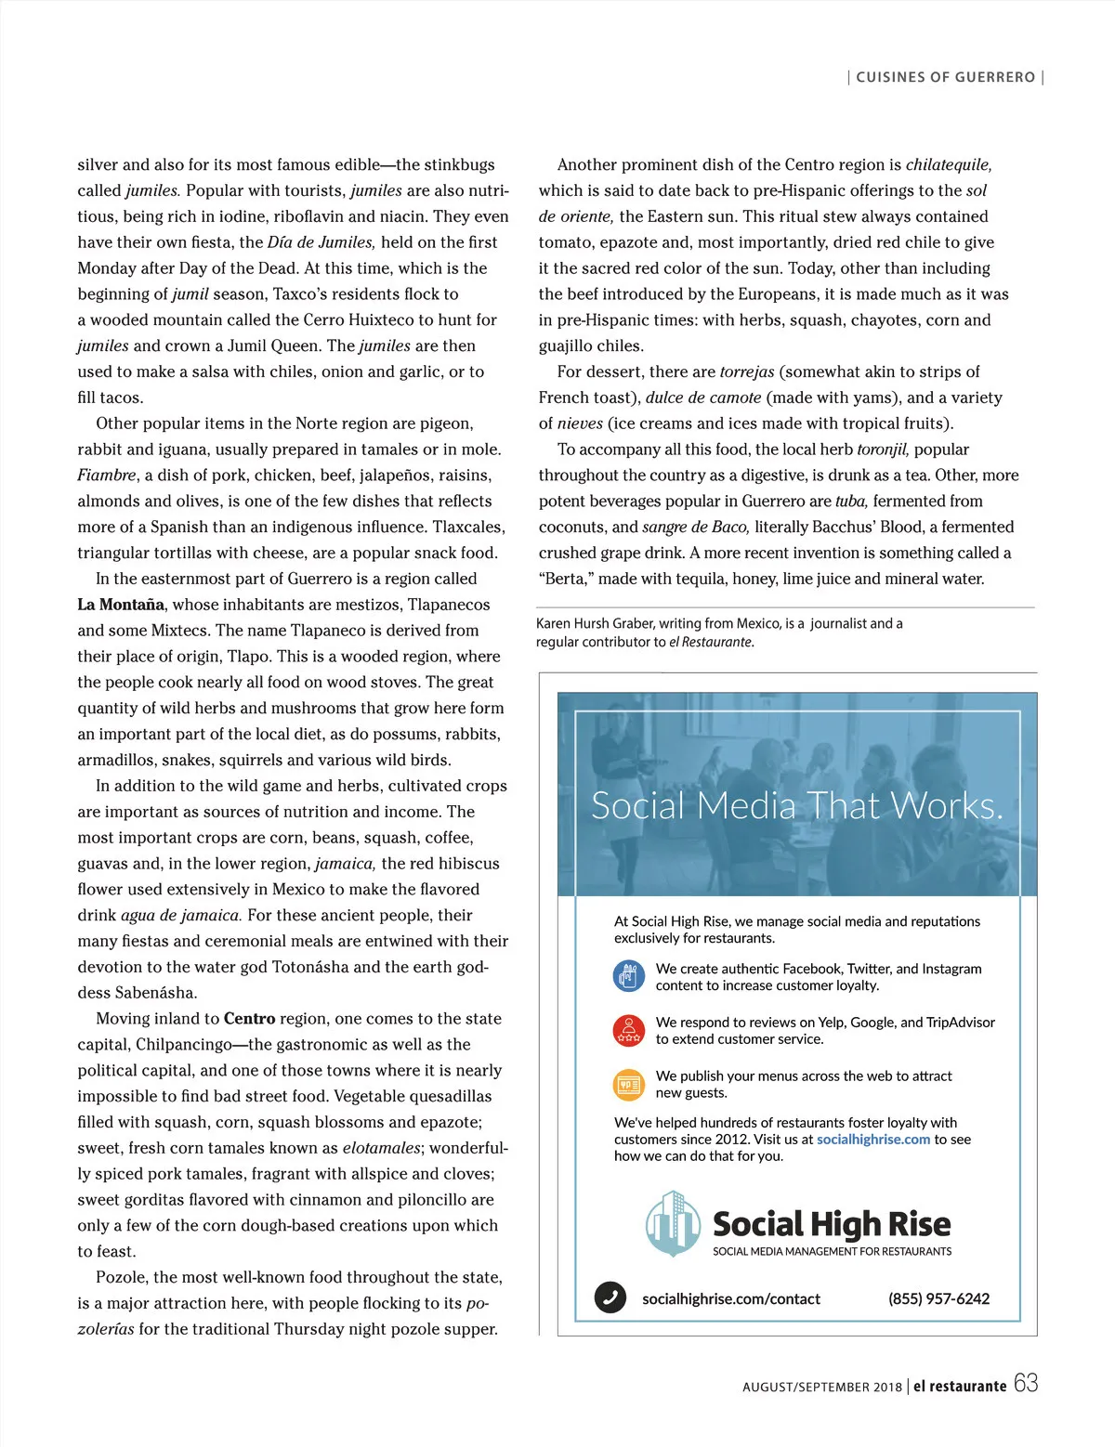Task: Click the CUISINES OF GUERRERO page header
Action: (945, 77)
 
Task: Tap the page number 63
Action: (1026, 1383)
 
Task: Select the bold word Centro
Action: (249, 1019)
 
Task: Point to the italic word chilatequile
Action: (948, 165)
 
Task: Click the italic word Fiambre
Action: (107, 476)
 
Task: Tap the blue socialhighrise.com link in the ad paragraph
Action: (872, 1140)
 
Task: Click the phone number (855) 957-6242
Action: (938, 1298)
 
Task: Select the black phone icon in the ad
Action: (610, 1297)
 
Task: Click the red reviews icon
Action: (629, 1030)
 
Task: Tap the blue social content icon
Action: (629, 976)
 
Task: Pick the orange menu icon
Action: (629, 1084)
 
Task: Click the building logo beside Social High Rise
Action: (672, 1223)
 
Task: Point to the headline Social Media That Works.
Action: (797, 805)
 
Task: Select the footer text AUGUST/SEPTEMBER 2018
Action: (822, 1387)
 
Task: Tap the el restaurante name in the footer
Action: (959, 1386)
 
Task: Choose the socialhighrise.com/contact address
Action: (731, 1298)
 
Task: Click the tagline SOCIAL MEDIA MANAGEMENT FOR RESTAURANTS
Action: (832, 1252)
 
